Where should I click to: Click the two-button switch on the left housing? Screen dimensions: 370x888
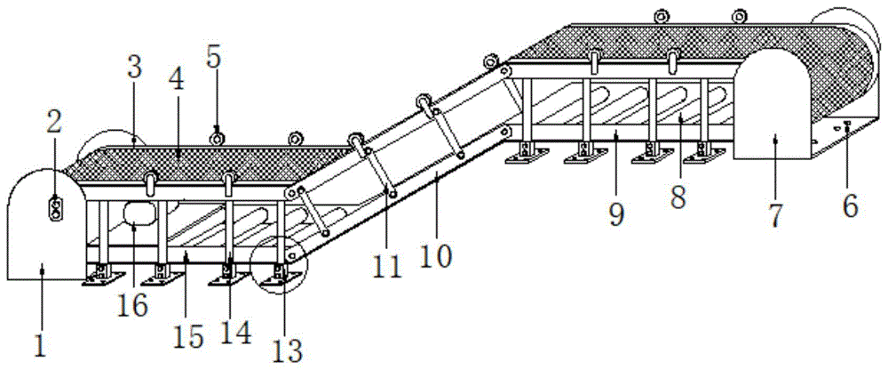55,208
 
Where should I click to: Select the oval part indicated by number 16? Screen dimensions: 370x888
139,214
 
